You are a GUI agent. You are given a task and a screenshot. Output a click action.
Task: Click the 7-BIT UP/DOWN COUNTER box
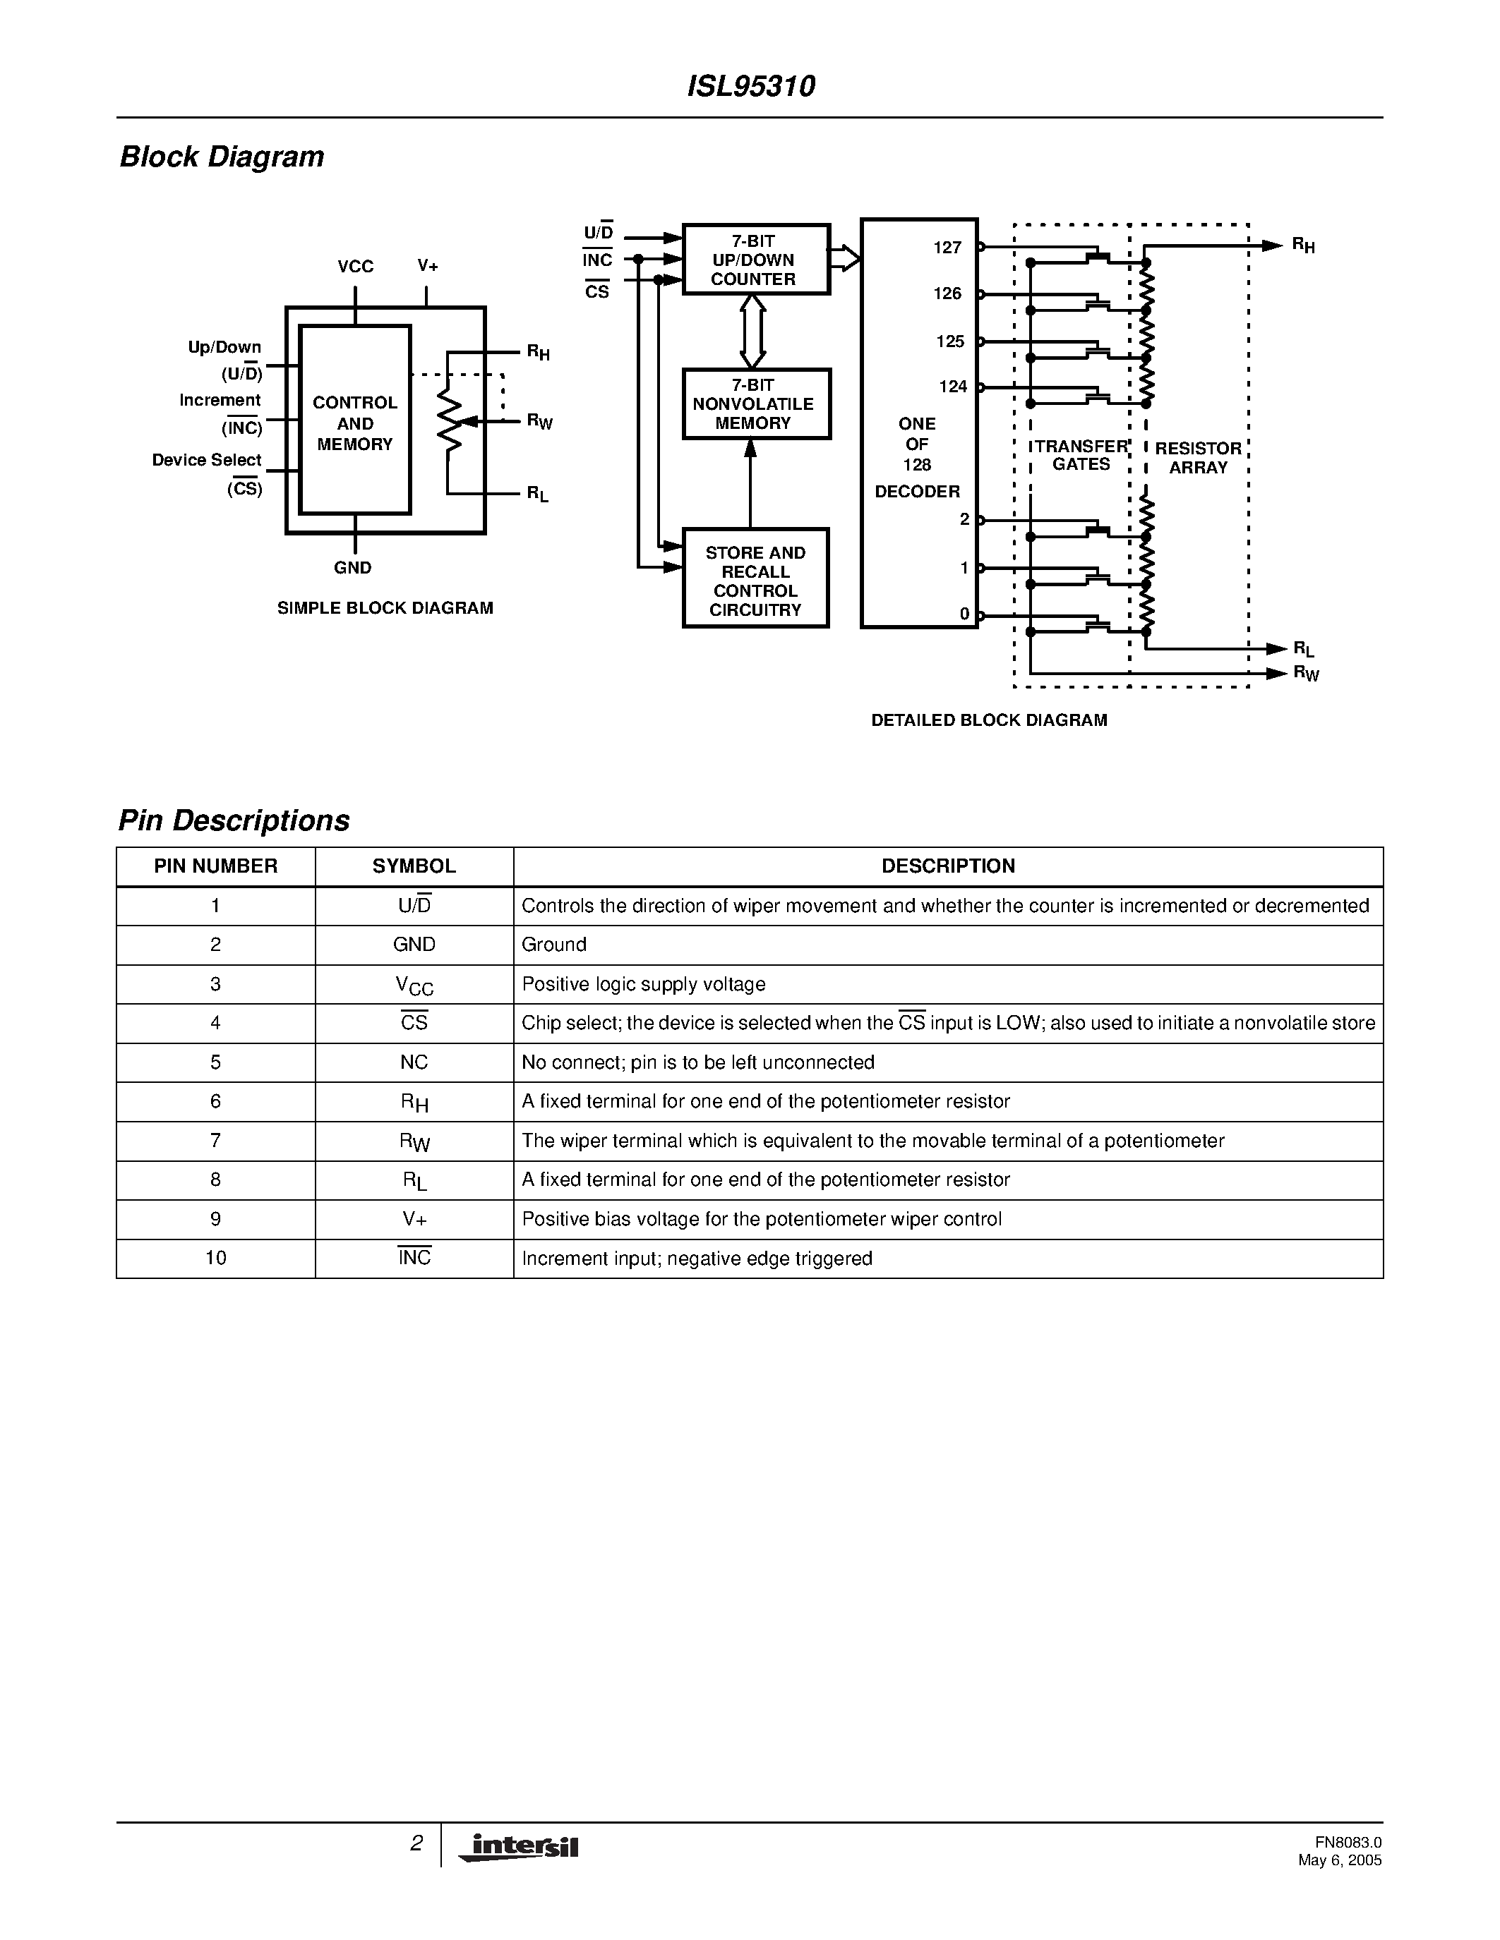755,260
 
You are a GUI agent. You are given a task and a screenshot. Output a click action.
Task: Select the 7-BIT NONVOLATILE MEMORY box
755,404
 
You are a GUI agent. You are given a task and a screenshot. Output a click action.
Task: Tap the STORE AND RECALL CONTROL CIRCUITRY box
755,579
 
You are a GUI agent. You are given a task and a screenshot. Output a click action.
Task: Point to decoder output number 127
947,248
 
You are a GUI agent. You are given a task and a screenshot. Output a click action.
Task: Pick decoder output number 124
953,387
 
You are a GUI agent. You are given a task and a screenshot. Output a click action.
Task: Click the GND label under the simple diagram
353,568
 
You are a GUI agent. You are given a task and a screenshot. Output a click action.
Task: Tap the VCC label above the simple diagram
356,267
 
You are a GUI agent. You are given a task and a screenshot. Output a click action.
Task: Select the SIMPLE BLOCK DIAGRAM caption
385,609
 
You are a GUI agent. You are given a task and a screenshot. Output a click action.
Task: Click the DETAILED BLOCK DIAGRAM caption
989,720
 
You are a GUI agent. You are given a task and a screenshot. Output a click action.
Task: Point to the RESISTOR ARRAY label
1198,457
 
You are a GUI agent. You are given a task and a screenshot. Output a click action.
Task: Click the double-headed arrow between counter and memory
752,332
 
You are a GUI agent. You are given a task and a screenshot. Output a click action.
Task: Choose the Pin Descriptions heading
234,820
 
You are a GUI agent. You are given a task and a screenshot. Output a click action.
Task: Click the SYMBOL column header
414,866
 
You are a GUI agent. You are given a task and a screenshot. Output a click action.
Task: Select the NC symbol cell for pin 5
414,1062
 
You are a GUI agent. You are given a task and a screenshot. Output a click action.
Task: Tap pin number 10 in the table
216,1258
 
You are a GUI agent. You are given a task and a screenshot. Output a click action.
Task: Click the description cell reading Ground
555,944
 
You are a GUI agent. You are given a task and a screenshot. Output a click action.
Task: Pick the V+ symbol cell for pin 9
414,1219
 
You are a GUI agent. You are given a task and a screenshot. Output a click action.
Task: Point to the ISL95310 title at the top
751,86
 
